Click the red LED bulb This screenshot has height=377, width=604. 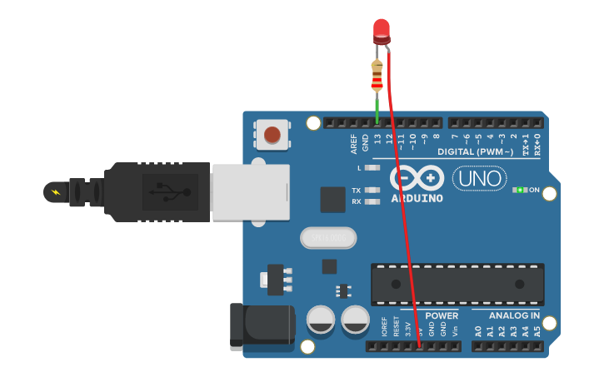381,31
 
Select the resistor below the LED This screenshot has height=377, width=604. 377,77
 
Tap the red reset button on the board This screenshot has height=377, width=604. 272,134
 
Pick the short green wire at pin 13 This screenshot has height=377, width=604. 377,108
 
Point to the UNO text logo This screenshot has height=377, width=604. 479,178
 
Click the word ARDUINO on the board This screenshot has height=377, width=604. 417,198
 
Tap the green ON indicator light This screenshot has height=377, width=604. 520,190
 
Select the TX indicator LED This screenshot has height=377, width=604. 372,190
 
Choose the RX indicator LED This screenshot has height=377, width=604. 372,201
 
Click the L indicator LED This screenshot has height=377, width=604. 372,167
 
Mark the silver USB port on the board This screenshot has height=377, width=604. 250,191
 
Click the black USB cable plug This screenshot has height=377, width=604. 158,192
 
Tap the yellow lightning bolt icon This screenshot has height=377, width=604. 56,192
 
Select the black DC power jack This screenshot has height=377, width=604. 262,325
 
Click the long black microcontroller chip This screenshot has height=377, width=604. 457,284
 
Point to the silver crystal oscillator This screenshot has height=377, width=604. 327,238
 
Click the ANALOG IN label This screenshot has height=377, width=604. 513,316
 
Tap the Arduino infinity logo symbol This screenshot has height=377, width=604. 417,178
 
